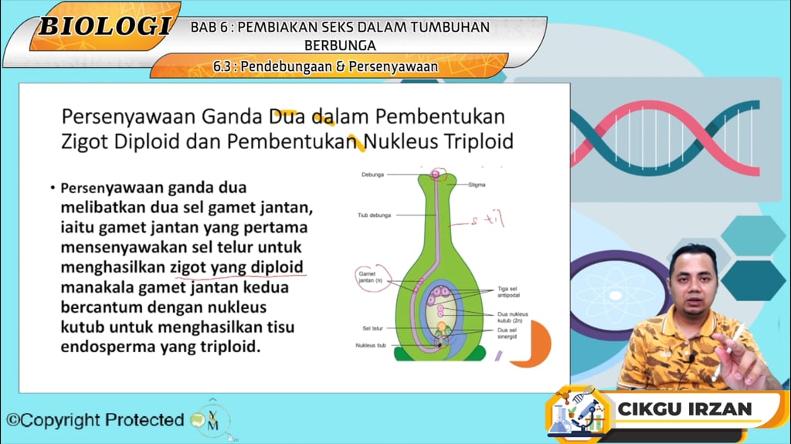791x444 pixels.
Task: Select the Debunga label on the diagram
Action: [372, 175]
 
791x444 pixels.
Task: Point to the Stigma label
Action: [477, 185]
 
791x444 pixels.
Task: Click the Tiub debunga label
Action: [374, 215]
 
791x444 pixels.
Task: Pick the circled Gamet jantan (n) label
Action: [367, 276]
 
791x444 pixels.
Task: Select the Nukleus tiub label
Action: [372, 345]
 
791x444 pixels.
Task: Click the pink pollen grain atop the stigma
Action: [436, 175]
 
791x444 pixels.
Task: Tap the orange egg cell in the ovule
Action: [441, 328]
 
